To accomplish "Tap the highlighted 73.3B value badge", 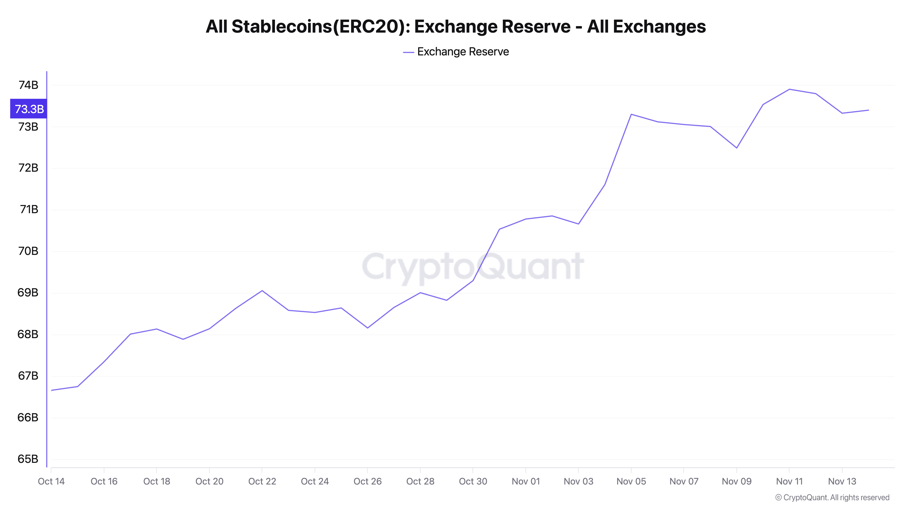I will pos(29,109).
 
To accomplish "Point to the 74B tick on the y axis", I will pos(28,85).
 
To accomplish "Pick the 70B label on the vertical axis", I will pos(28,251).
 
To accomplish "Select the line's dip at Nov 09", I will pos(737,148).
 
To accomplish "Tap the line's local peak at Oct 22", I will pos(262,291).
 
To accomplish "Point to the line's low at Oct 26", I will pos(368,328).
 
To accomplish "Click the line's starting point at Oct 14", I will pos(52,391).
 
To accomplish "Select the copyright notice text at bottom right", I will pos(832,498).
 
